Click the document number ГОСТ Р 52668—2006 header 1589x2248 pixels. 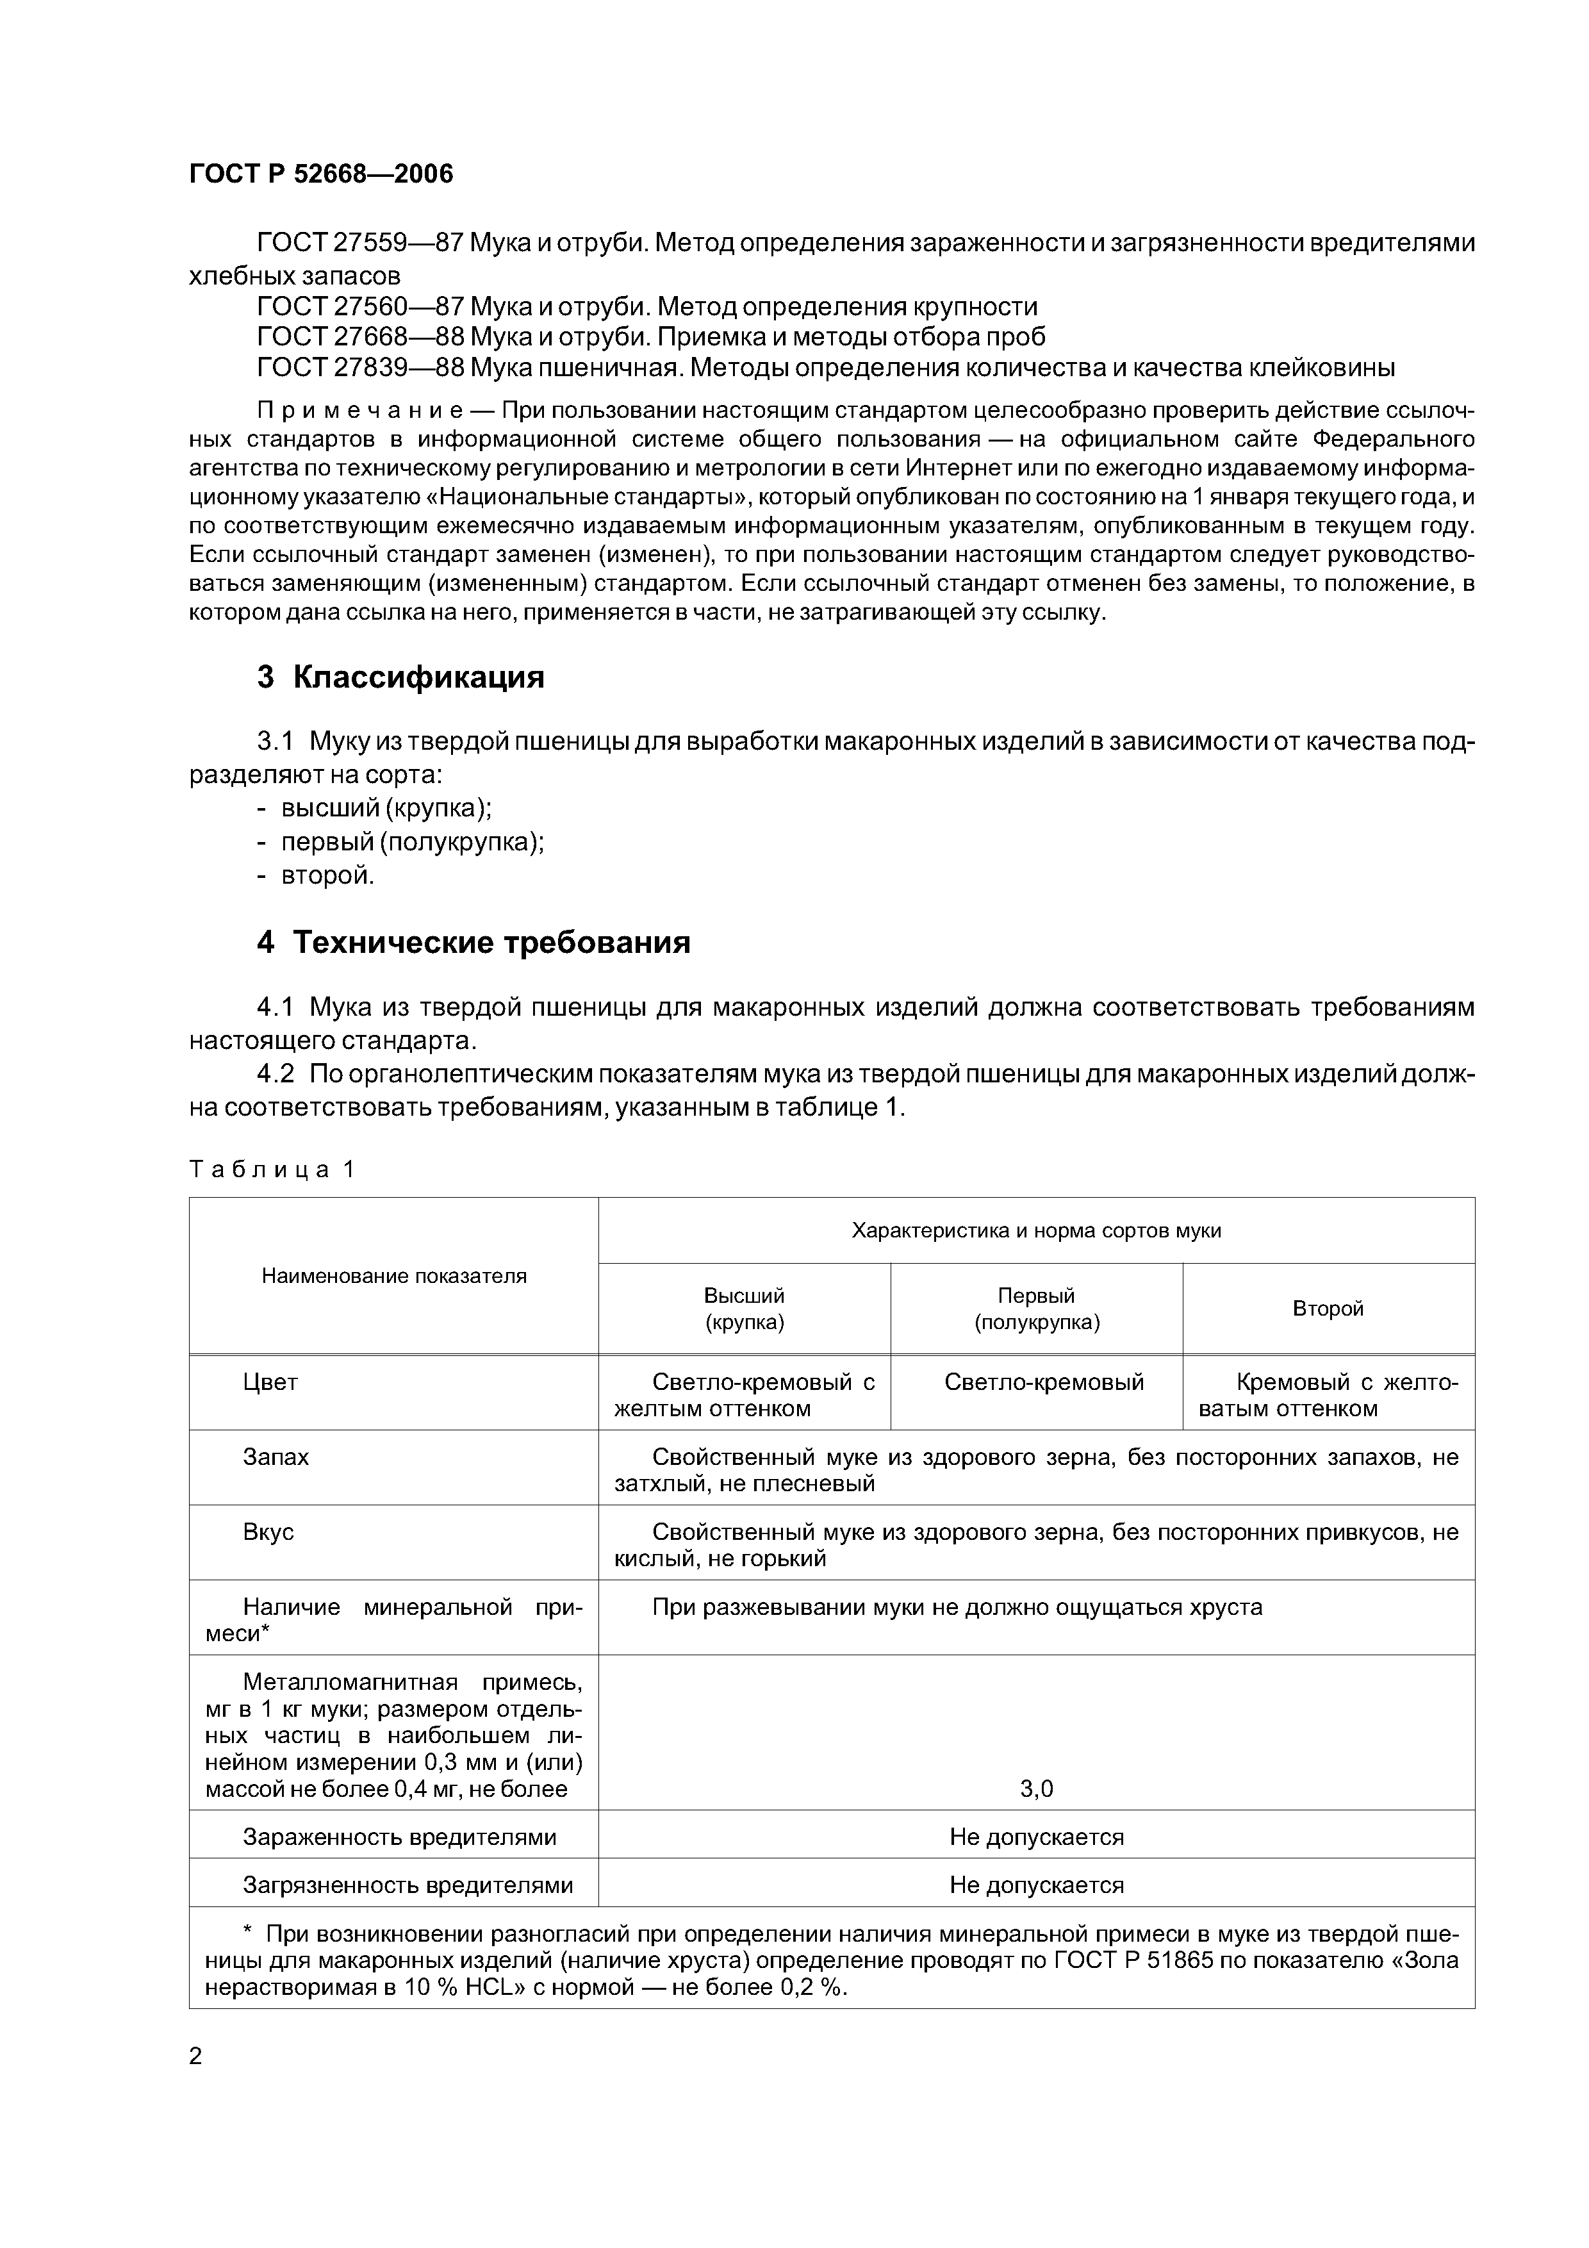click(321, 175)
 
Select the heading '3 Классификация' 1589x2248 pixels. click(400, 677)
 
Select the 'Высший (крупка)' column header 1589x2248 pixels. click(744, 1309)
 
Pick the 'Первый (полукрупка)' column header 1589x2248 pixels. click(1037, 1309)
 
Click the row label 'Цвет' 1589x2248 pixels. click(270, 1382)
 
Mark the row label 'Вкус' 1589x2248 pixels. click(268, 1532)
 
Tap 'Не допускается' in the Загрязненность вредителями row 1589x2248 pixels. click(1037, 1886)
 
